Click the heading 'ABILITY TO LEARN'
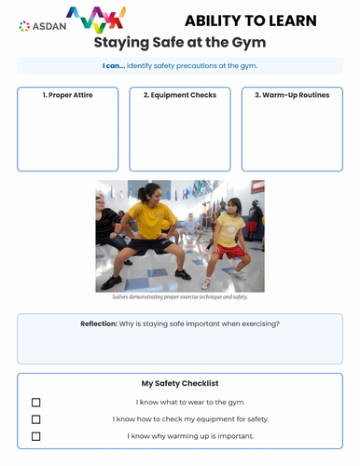click(x=250, y=21)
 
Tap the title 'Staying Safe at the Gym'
click(x=180, y=42)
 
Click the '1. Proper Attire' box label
click(x=68, y=95)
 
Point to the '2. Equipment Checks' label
click(x=180, y=95)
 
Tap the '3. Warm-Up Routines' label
click(x=292, y=95)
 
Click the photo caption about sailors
click(x=180, y=296)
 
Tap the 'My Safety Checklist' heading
click(x=180, y=383)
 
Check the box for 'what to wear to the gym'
click(x=36, y=403)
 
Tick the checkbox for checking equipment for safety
click(x=36, y=419)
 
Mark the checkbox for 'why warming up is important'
click(x=36, y=436)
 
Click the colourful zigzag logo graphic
click(x=96, y=19)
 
